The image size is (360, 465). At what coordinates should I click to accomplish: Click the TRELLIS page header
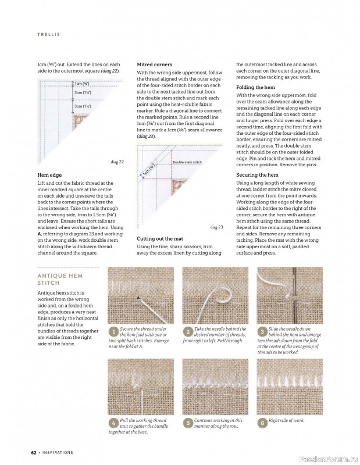[49, 34]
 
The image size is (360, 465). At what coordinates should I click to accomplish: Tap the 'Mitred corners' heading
[154, 65]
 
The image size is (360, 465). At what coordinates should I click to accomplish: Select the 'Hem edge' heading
[49, 175]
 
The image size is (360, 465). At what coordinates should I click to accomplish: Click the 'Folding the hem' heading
[255, 87]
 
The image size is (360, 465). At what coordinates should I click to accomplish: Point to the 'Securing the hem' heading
[257, 175]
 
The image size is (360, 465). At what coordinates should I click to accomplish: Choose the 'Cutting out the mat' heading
[160, 239]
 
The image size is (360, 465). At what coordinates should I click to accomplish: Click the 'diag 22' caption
[117, 162]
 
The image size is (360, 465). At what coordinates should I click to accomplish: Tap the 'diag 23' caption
[217, 227]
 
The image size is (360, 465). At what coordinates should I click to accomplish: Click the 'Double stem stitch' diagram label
[187, 162]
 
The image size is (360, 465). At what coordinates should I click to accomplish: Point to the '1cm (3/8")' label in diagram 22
[81, 84]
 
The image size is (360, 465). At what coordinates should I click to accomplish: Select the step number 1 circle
[113, 331]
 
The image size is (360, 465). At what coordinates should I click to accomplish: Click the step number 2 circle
[188, 331]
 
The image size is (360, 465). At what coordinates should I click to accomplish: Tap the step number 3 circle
[262, 331]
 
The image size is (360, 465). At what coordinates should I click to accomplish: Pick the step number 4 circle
[113, 423]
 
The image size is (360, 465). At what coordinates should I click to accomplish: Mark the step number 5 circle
[188, 423]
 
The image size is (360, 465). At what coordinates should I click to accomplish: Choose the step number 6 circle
[262, 423]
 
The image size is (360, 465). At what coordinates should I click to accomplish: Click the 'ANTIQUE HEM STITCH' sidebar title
[60, 279]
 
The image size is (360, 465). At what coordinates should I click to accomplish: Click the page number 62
[34, 453]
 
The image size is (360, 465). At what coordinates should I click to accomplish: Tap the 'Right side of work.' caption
[286, 420]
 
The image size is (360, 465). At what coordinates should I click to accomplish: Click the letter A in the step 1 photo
[138, 298]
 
